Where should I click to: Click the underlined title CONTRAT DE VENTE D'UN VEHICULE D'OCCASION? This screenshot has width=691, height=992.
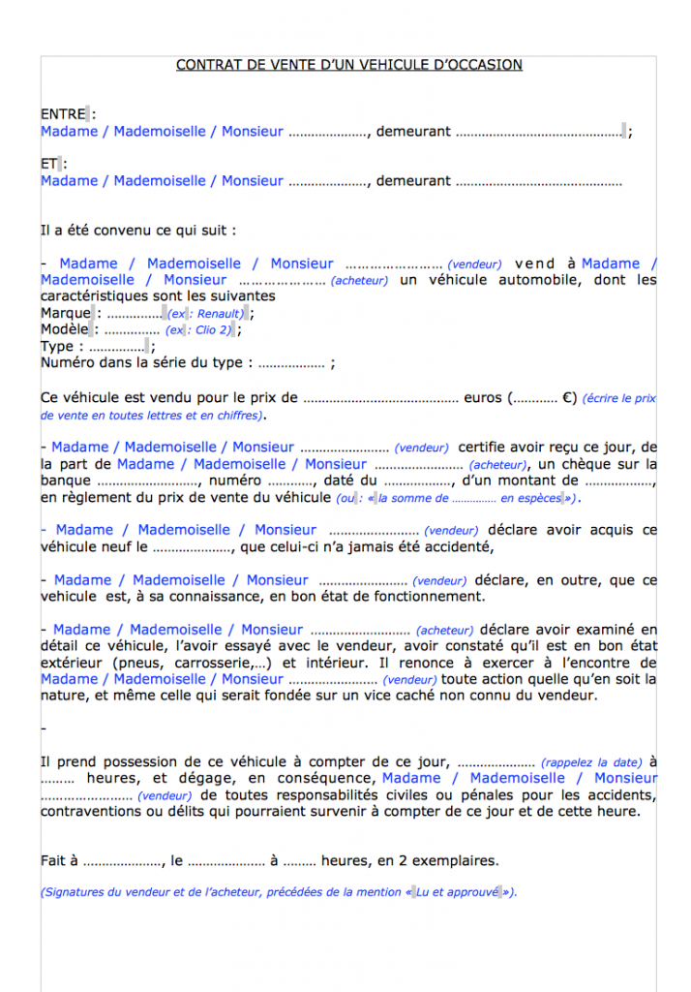pos(348,65)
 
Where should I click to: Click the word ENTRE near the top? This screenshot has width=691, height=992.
pos(63,114)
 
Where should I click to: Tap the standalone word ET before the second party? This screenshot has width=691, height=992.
pos(48,164)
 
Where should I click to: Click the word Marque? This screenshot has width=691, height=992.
pos(65,313)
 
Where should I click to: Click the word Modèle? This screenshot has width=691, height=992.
pos(65,329)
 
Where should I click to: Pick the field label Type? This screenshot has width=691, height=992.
pos(57,346)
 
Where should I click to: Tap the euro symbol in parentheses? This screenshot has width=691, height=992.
pos(569,397)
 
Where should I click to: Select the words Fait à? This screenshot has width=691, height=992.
pos(59,859)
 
